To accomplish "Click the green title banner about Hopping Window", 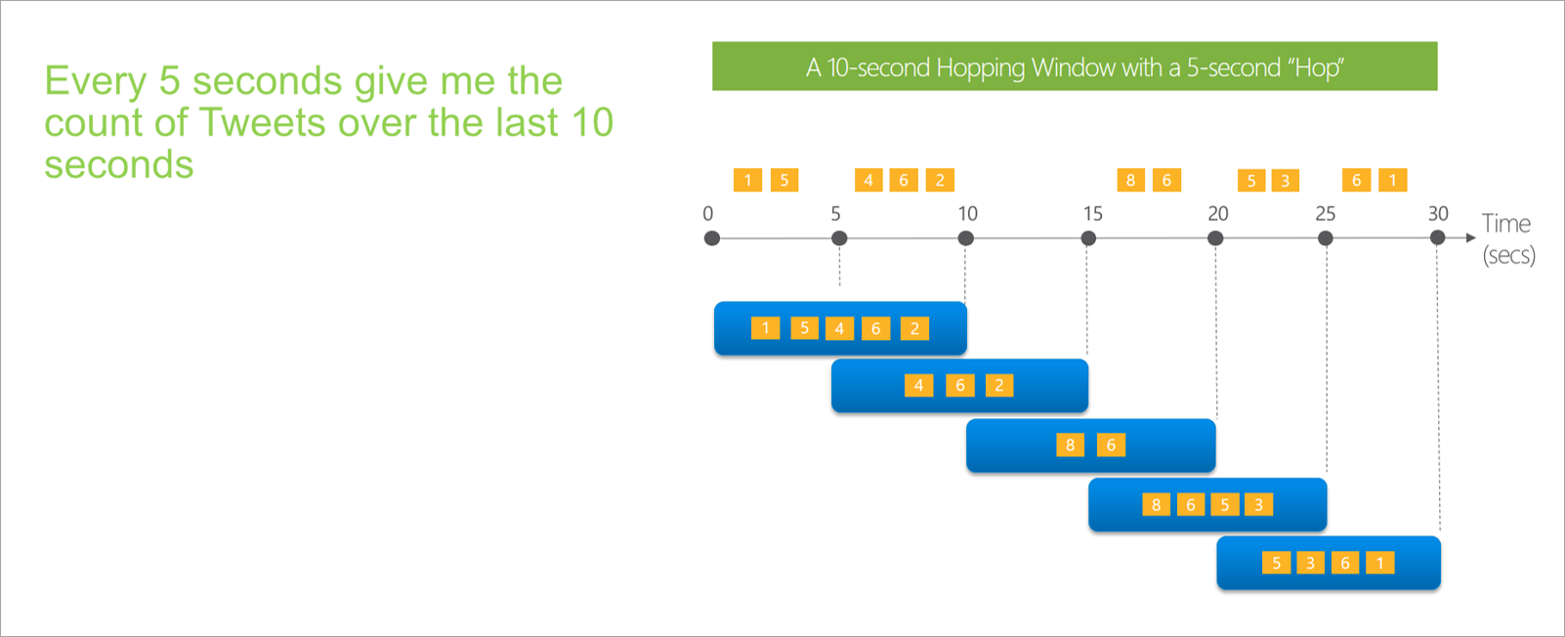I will pos(1075,66).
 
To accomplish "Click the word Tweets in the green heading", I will pos(262,123).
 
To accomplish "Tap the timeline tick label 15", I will pos(1092,213).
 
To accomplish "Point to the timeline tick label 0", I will pos(708,213).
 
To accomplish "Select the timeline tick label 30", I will pos(1438,213).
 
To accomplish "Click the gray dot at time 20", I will pos(1215,238).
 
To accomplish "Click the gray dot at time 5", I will pos(839,238).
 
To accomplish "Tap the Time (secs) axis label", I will pos(1507,238).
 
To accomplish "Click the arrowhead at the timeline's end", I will pos(1471,237).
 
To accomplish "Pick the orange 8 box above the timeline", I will pos(1130,180).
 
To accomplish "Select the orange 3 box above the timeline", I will pos(1286,181).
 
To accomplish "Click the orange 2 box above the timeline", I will pos(940,180).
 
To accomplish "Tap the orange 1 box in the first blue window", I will pos(766,328).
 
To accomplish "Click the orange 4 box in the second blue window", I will pos(918,385).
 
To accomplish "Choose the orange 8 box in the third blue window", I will pos(1070,445).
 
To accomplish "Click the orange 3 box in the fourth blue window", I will pos(1259,504).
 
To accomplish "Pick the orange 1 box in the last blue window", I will pos(1379,563).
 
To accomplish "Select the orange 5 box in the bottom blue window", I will pos(1276,563).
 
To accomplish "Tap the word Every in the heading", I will pos(95,81).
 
